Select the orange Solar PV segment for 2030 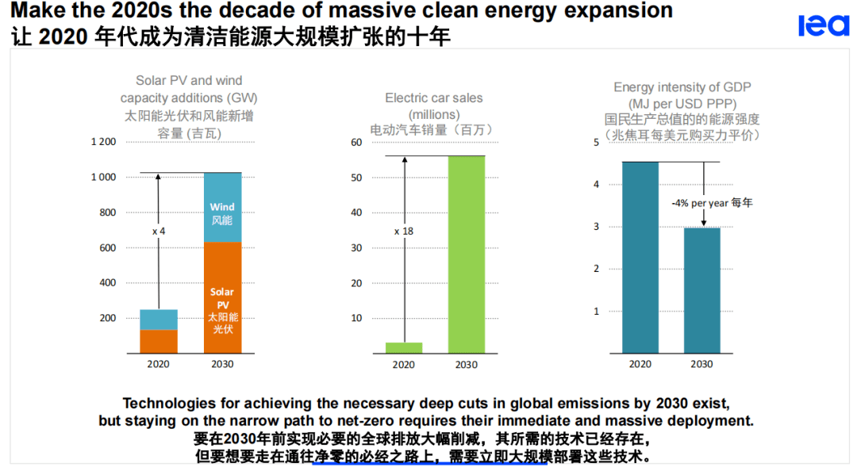(222, 297)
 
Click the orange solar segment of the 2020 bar (159, 341)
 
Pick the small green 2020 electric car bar (403, 347)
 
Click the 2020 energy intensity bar (640, 258)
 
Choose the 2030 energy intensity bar (701, 290)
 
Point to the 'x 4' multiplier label (159, 231)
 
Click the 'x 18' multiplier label (404, 232)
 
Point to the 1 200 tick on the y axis (103, 142)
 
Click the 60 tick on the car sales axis (356, 142)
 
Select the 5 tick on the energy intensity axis (596, 142)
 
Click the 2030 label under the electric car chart (466, 365)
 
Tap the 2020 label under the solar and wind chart (159, 365)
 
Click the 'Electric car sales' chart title (433, 98)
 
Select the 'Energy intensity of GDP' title (682, 87)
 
